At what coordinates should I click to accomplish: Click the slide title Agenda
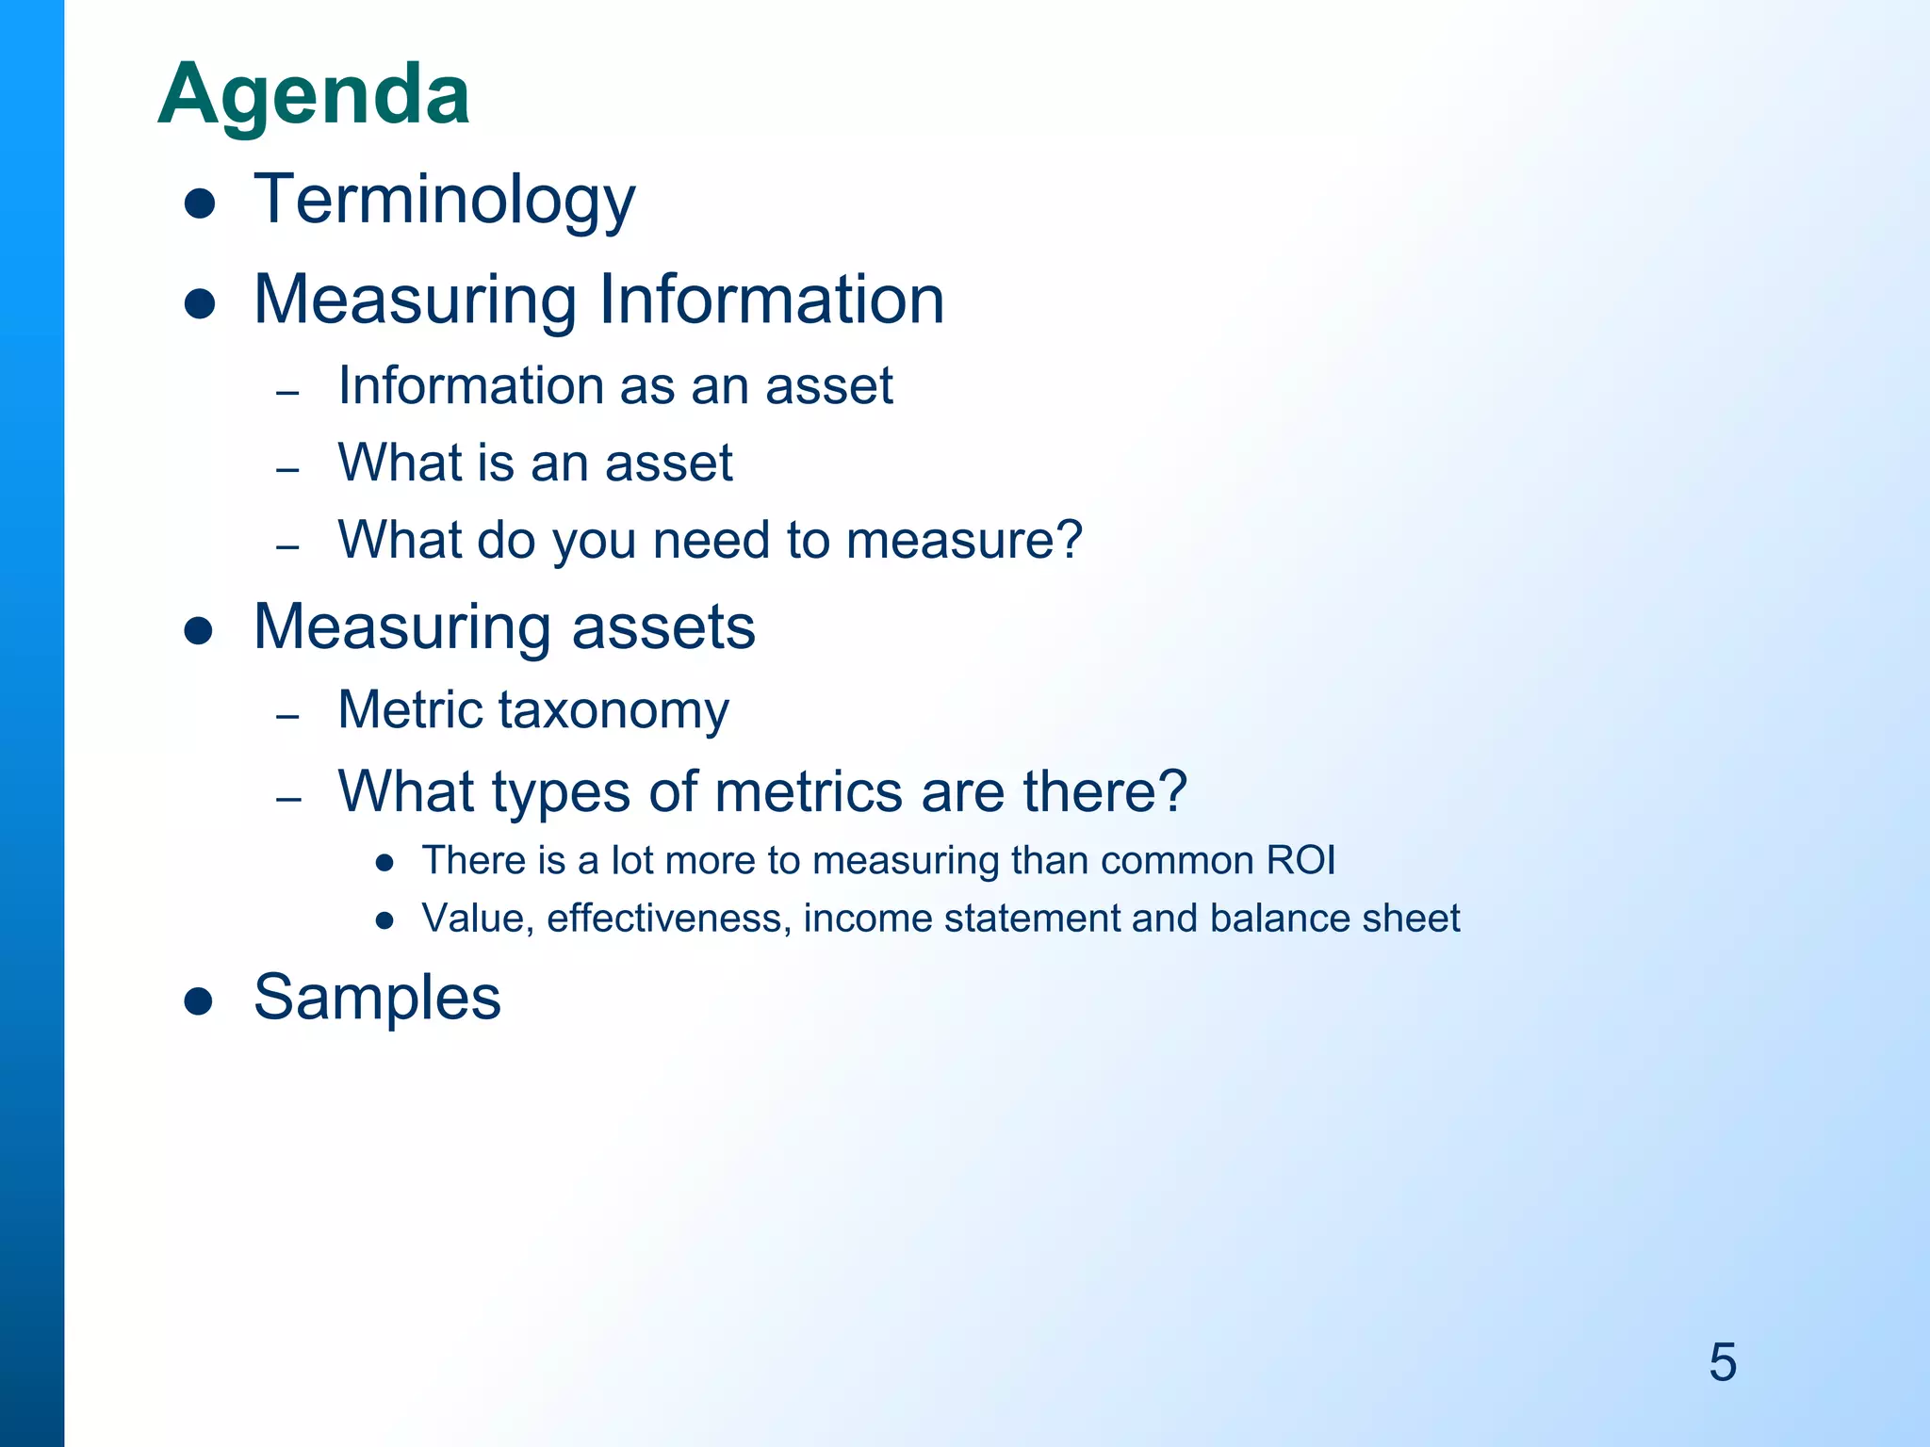pyautogui.click(x=314, y=95)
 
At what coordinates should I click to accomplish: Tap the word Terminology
pyautogui.click(x=444, y=200)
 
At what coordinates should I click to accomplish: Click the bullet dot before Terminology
pyautogui.click(x=200, y=203)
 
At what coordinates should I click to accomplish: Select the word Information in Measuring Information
pyautogui.click(x=771, y=300)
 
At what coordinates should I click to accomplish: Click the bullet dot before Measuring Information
pyautogui.click(x=200, y=303)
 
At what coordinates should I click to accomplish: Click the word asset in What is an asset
pyautogui.click(x=668, y=463)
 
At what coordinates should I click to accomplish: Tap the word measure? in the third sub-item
pyautogui.click(x=964, y=540)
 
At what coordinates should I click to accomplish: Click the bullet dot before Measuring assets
pyautogui.click(x=199, y=630)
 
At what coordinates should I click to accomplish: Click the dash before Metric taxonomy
pyautogui.click(x=288, y=717)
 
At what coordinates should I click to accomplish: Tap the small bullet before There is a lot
pyautogui.click(x=384, y=863)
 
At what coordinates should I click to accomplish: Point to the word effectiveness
pyautogui.click(x=668, y=919)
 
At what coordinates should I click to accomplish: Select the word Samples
pyautogui.click(x=377, y=997)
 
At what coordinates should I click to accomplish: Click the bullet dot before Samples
pyautogui.click(x=199, y=1000)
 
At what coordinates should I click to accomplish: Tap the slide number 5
pyautogui.click(x=1722, y=1362)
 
